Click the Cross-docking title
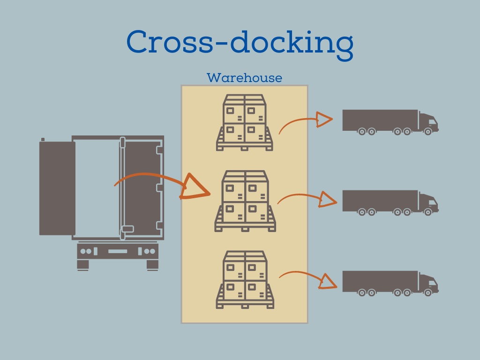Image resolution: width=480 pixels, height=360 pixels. pos(240,43)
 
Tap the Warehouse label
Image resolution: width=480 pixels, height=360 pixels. pos(244,78)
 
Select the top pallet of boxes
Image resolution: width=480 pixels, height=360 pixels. pos(244,123)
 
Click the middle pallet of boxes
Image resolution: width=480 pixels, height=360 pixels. pos(245,201)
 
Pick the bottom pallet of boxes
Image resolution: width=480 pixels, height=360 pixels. pos(245,280)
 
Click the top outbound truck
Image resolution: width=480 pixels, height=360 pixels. pos(390,121)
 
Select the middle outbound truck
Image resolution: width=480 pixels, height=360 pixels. pos(390,202)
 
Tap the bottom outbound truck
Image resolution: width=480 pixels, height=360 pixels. pos(390,283)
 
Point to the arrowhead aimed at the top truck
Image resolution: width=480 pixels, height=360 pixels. pos(323,120)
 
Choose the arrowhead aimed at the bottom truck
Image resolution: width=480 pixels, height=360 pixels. pos(328,281)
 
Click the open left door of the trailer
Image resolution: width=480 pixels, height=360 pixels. pos(57,188)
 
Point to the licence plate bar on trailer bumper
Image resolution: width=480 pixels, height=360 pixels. pos(117,251)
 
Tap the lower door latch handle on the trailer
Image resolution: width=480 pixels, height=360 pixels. pos(127,229)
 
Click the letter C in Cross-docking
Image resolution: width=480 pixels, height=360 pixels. pos(139,43)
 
